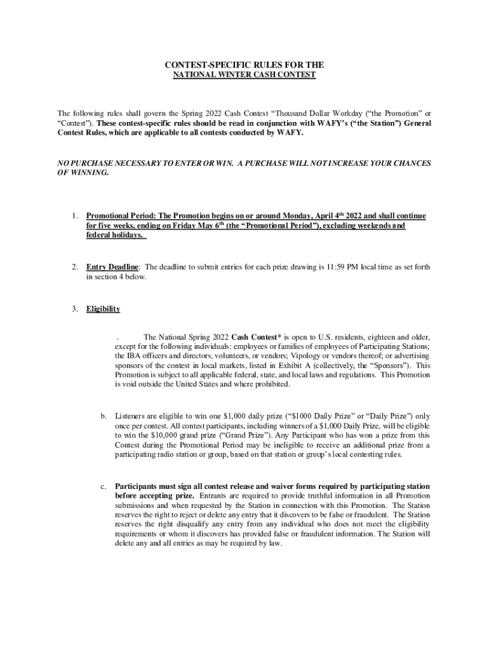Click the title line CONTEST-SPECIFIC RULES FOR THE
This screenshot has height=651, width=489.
pos(245,65)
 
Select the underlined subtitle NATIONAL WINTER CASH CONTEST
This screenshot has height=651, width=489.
pos(245,75)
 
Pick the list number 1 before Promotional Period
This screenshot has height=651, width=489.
pos(74,217)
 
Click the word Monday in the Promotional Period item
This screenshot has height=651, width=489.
pos(288,217)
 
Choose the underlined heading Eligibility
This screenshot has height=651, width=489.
pos(103,310)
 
